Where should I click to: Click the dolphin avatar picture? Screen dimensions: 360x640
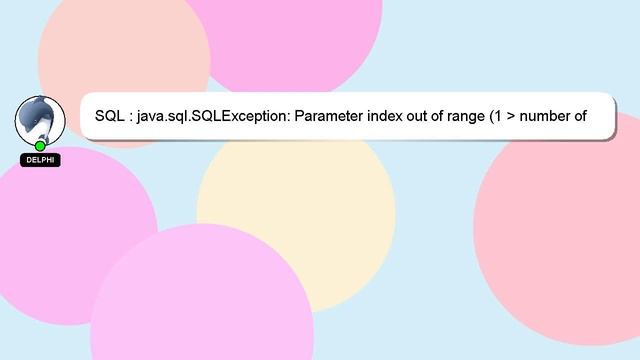(39, 118)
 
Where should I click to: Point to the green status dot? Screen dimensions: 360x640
(40, 146)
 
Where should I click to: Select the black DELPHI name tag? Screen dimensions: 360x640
(40, 160)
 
